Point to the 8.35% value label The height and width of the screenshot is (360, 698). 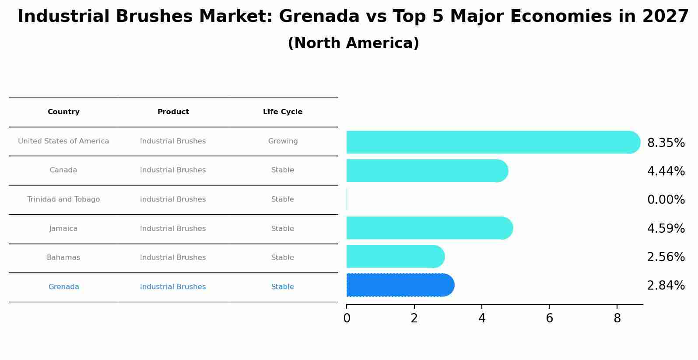[x=666, y=143]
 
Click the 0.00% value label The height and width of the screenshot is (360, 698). [x=666, y=200]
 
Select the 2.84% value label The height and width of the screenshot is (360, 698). [x=666, y=286]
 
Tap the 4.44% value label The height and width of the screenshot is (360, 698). [x=666, y=171]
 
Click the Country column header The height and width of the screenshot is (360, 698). [x=63, y=112]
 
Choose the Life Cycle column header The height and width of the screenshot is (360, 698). [x=283, y=112]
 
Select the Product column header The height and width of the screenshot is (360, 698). [x=173, y=112]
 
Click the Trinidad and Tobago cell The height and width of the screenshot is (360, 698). [x=63, y=199]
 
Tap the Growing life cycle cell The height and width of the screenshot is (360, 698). [x=283, y=141]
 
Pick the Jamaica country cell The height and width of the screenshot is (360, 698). [x=63, y=229]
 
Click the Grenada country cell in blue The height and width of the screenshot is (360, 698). [x=63, y=287]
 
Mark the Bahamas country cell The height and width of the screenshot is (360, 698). [x=63, y=258]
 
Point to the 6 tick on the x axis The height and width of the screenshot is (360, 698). [x=549, y=318]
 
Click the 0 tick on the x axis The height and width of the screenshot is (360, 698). [x=347, y=318]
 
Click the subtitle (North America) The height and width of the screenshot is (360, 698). [x=353, y=43]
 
